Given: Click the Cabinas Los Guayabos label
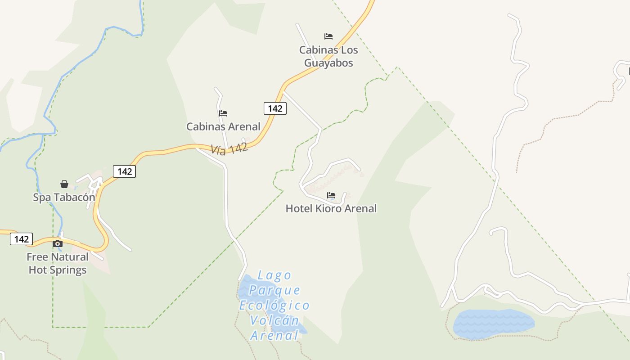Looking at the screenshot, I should [x=328, y=56].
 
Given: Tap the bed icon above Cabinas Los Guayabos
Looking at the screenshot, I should [x=328, y=36].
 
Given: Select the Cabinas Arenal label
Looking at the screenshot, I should [x=223, y=126].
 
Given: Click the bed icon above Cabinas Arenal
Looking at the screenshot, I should [x=223, y=113].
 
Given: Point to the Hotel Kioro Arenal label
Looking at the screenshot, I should [x=331, y=208].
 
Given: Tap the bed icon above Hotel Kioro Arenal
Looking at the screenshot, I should [x=331, y=195].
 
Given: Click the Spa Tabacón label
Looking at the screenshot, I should [x=64, y=197].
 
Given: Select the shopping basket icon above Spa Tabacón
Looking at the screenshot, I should [x=64, y=184].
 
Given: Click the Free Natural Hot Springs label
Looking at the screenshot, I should [x=58, y=263].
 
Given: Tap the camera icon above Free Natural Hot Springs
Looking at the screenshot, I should [x=58, y=244].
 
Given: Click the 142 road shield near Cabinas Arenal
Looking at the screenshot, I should [x=275, y=108].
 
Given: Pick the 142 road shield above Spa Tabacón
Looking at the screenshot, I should [x=124, y=171].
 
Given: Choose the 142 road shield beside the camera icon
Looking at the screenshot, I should [x=21, y=239].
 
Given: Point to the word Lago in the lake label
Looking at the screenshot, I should [x=275, y=275].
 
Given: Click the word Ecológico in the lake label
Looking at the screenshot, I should [x=274, y=306].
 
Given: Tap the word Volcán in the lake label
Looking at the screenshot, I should [x=274, y=321].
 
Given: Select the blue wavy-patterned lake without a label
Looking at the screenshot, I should [x=494, y=324].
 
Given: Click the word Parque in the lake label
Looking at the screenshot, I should [x=274, y=290].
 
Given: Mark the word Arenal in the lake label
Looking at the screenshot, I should [x=274, y=336].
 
